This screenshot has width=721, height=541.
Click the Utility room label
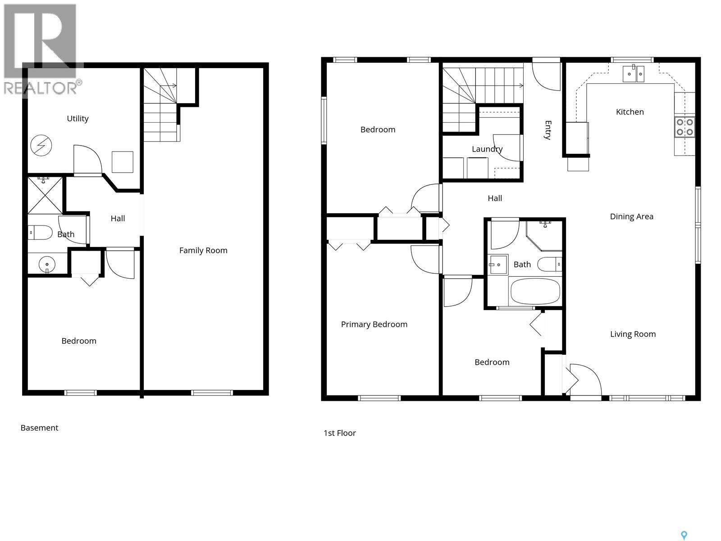coord(78,119)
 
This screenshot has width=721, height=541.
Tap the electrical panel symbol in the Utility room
coord(41,146)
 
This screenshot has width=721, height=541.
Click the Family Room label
coord(203,250)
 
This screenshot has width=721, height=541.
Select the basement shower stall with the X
coord(45,196)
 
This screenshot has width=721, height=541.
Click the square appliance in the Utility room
coord(122,162)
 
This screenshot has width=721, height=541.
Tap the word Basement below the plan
coord(39,428)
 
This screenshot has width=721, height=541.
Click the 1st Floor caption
coord(340,433)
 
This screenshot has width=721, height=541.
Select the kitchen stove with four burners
coord(684,127)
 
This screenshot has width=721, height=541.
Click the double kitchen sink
coord(634,74)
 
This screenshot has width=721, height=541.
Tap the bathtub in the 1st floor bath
coord(535,292)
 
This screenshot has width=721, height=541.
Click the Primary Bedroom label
coord(374,324)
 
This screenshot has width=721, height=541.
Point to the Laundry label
coord(487,149)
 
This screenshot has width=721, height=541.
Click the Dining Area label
coord(631,216)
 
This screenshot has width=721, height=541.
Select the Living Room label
coord(633,334)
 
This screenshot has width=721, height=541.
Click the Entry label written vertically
coord(548,130)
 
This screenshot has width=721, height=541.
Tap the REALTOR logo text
coord(43,87)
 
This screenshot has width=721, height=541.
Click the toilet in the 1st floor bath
coord(550,264)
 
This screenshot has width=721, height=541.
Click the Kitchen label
coord(630,112)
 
